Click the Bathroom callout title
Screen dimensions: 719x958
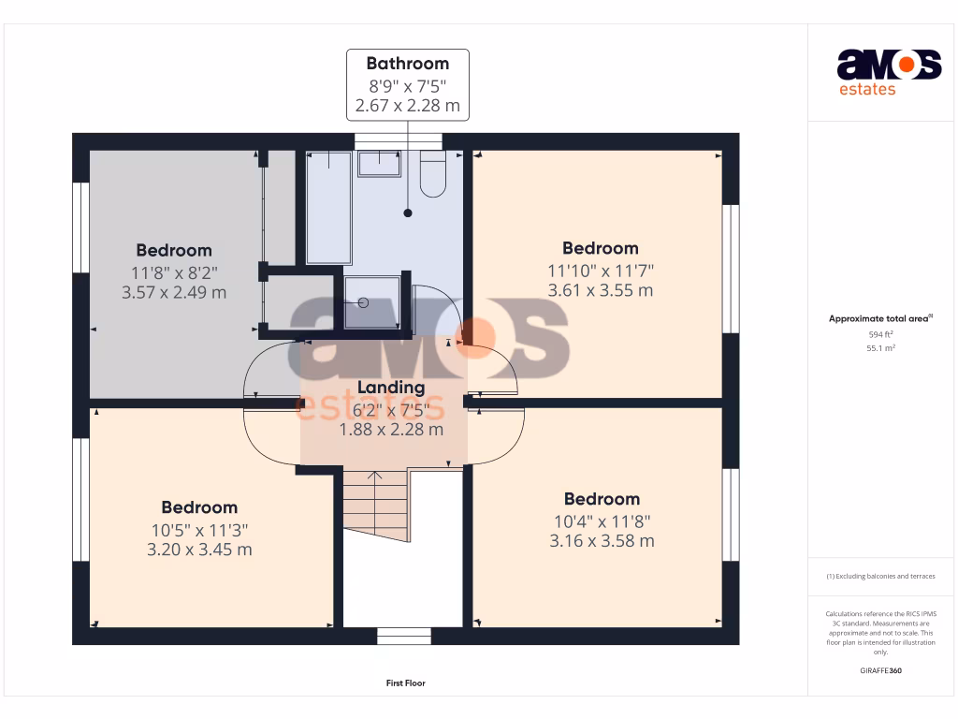[407, 64]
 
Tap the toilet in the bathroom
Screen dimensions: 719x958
[432, 174]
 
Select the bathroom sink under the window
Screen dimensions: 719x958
[379, 164]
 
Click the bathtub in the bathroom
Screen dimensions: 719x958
[329, 206]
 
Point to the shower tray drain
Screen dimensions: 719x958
[360, 302]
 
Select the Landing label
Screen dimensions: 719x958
[391, 388]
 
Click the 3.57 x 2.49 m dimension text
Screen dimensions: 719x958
[174, 292]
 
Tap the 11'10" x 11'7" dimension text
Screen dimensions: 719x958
[601, 271]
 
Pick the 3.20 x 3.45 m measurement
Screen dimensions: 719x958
[199, 550]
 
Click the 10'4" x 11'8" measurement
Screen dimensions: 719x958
[601, 521]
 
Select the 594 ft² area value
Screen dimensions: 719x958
[880, 333]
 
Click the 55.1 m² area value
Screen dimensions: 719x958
[880, 347]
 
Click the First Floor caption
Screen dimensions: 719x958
[406, 683]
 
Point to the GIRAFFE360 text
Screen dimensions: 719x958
[880, 670]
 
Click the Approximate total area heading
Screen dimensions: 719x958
[879, 319]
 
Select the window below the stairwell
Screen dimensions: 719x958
[404, 637]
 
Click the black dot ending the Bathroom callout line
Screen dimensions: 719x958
[408, 213]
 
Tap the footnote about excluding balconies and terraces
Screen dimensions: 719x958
[880, 577]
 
